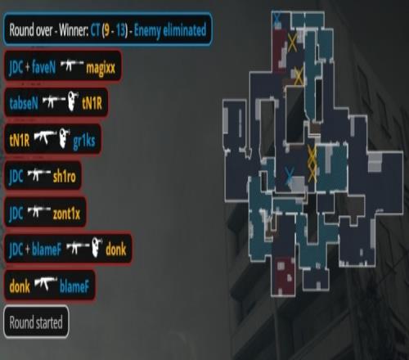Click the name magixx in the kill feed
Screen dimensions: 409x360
[101, 68]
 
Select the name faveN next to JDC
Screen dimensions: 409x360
[43, 67]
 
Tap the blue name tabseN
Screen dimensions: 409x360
[24, 103]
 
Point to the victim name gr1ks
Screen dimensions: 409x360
[84, 142]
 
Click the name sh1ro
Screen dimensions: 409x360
[65, 177]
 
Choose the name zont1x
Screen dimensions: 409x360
[66, 214]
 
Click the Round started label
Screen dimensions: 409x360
[36, 322]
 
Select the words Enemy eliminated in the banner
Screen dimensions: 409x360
[170, 30]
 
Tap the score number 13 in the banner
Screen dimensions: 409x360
[120, 30]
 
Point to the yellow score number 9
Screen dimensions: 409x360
[106, 30]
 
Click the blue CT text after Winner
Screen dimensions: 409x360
[95, 30]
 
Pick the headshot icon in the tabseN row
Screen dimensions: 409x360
[73, 101]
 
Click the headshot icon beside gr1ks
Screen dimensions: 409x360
[65, 138]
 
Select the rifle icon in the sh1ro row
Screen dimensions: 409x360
[39, 174]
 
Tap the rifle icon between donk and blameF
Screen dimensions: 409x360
[46, 284]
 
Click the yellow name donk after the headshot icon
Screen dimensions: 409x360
[116, 250]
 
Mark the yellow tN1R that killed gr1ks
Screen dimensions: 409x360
[20, 141]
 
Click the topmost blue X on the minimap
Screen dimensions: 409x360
[277, 18]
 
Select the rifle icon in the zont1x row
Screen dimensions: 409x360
[39, 211]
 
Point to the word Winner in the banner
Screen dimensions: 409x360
[74, 30]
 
